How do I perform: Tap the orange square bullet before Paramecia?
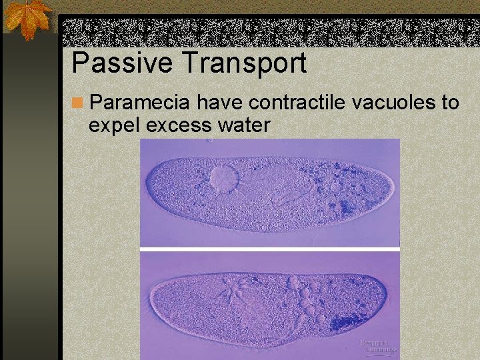[x=77, y=103]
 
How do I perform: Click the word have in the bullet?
[x=218, y=103]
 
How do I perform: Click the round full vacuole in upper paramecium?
[x=224, y=179]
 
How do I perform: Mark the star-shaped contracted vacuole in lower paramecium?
[x=230, y=291]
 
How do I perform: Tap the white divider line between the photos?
[x=270, y=249]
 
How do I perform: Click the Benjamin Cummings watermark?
[x=378, y=346]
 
